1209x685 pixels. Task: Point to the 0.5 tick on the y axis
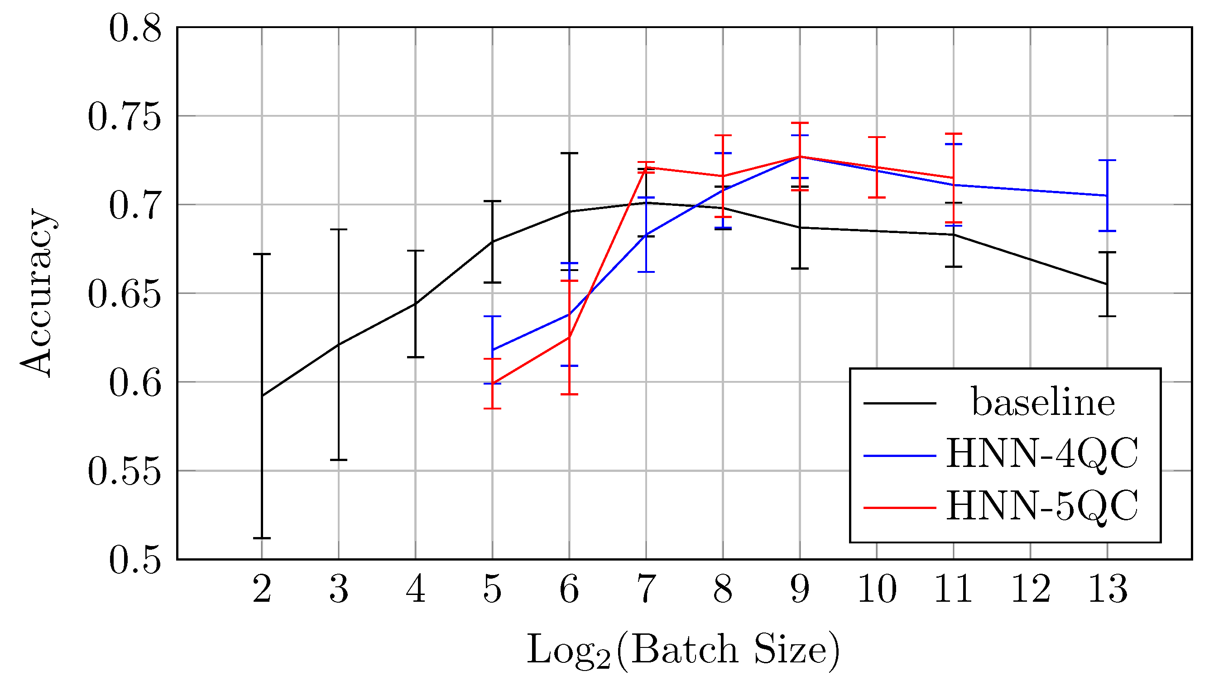click(134, 560)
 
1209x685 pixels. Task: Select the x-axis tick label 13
click(1108, 589)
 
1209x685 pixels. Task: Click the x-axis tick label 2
click(262, 589)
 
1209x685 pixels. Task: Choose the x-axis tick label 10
click(877, 589)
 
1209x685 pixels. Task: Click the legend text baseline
click(1043, 403)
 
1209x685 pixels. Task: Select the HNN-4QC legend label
click(1042, 454)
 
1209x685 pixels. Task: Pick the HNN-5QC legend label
click(1042, 506)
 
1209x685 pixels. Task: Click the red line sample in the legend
click(900, 508)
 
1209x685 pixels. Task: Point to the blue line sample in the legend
click(900, 456)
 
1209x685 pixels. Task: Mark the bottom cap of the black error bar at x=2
click(262, 538)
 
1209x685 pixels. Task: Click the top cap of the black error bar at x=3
click(339, 229)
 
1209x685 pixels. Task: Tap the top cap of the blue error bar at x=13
click(1107, 161)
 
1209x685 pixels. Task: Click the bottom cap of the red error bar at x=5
click(493, 409)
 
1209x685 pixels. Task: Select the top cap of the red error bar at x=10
click(877, 138)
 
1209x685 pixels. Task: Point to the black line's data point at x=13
click(1107, 284)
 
